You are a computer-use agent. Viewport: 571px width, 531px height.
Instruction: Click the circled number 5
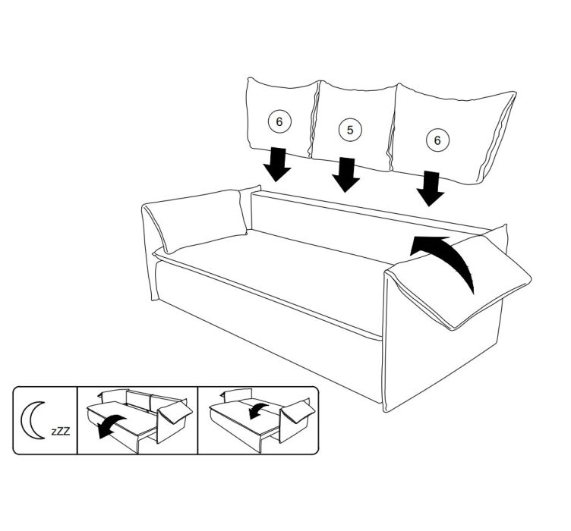tap(350, 130)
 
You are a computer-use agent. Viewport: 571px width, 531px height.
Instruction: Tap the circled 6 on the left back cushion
tap(279, 121)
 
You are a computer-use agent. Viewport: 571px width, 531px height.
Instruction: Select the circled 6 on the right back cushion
tap(437, 140)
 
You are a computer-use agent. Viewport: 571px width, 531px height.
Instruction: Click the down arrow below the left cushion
tap(277, 165)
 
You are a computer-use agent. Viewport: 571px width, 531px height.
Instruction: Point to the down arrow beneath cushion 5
tap(345, 174)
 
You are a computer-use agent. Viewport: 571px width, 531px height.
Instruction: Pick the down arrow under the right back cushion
tap(431, 189)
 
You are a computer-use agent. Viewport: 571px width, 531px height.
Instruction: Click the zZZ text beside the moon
tap(61, 431)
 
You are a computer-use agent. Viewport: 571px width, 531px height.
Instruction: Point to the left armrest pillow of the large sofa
tap(197, 220)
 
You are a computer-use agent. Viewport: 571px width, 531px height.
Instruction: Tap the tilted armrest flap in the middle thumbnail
tap(175, 413)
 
